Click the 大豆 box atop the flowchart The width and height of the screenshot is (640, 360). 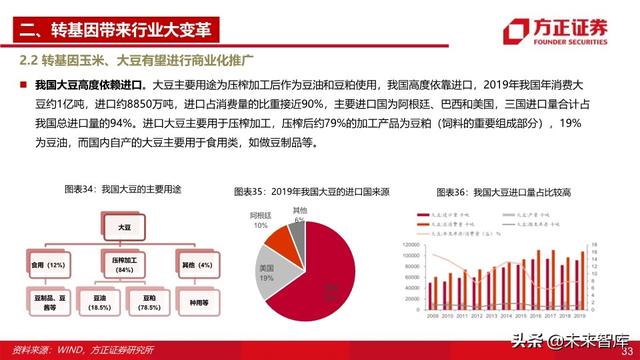pyautogui.click(x=124, y=229)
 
